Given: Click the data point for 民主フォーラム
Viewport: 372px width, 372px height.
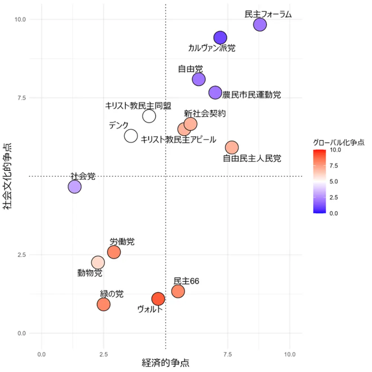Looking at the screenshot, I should pyautogui.click(x=260, y=25).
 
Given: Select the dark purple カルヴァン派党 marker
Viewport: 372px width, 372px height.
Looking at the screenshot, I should pyautogui.click(x=220, y=38).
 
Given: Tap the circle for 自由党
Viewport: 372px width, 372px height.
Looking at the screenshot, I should pyautogui.click(x=199, y=79).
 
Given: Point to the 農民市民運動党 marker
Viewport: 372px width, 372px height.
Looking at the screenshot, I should pyautogui.click(x=215, y=93).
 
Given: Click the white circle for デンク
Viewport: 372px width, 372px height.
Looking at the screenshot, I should pyautogui.click(x=131, y=136).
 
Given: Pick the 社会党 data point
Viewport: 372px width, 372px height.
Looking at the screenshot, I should pyautogui.click(x=75, y=187).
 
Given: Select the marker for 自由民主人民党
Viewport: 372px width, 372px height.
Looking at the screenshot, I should pyautogui.click(x=232, y=148).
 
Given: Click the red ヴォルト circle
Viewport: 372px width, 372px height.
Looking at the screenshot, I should pyautogui.click(x=158, y=298).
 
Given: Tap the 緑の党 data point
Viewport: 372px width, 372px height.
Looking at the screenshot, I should pyautogui.click(x=103, y=305).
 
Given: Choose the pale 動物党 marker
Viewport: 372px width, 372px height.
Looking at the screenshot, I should pyautogui.click(x=98, y=262).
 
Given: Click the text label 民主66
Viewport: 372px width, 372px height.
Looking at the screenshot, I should pyautogui.click(x=186, y=281).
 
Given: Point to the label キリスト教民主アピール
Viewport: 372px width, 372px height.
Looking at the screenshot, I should pyautogui.click(x=178, y=140).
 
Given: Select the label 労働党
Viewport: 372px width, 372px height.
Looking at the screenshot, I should pyautogui.click(x=122, y=242).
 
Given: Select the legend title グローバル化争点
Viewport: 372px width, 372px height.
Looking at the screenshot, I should pyautogui.click(x=338, y=142).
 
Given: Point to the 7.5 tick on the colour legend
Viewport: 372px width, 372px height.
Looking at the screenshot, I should pyautogui.click(x=334, y=166).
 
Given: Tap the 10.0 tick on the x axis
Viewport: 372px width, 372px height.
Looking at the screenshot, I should pyautogui.click(x=290, y=354).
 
